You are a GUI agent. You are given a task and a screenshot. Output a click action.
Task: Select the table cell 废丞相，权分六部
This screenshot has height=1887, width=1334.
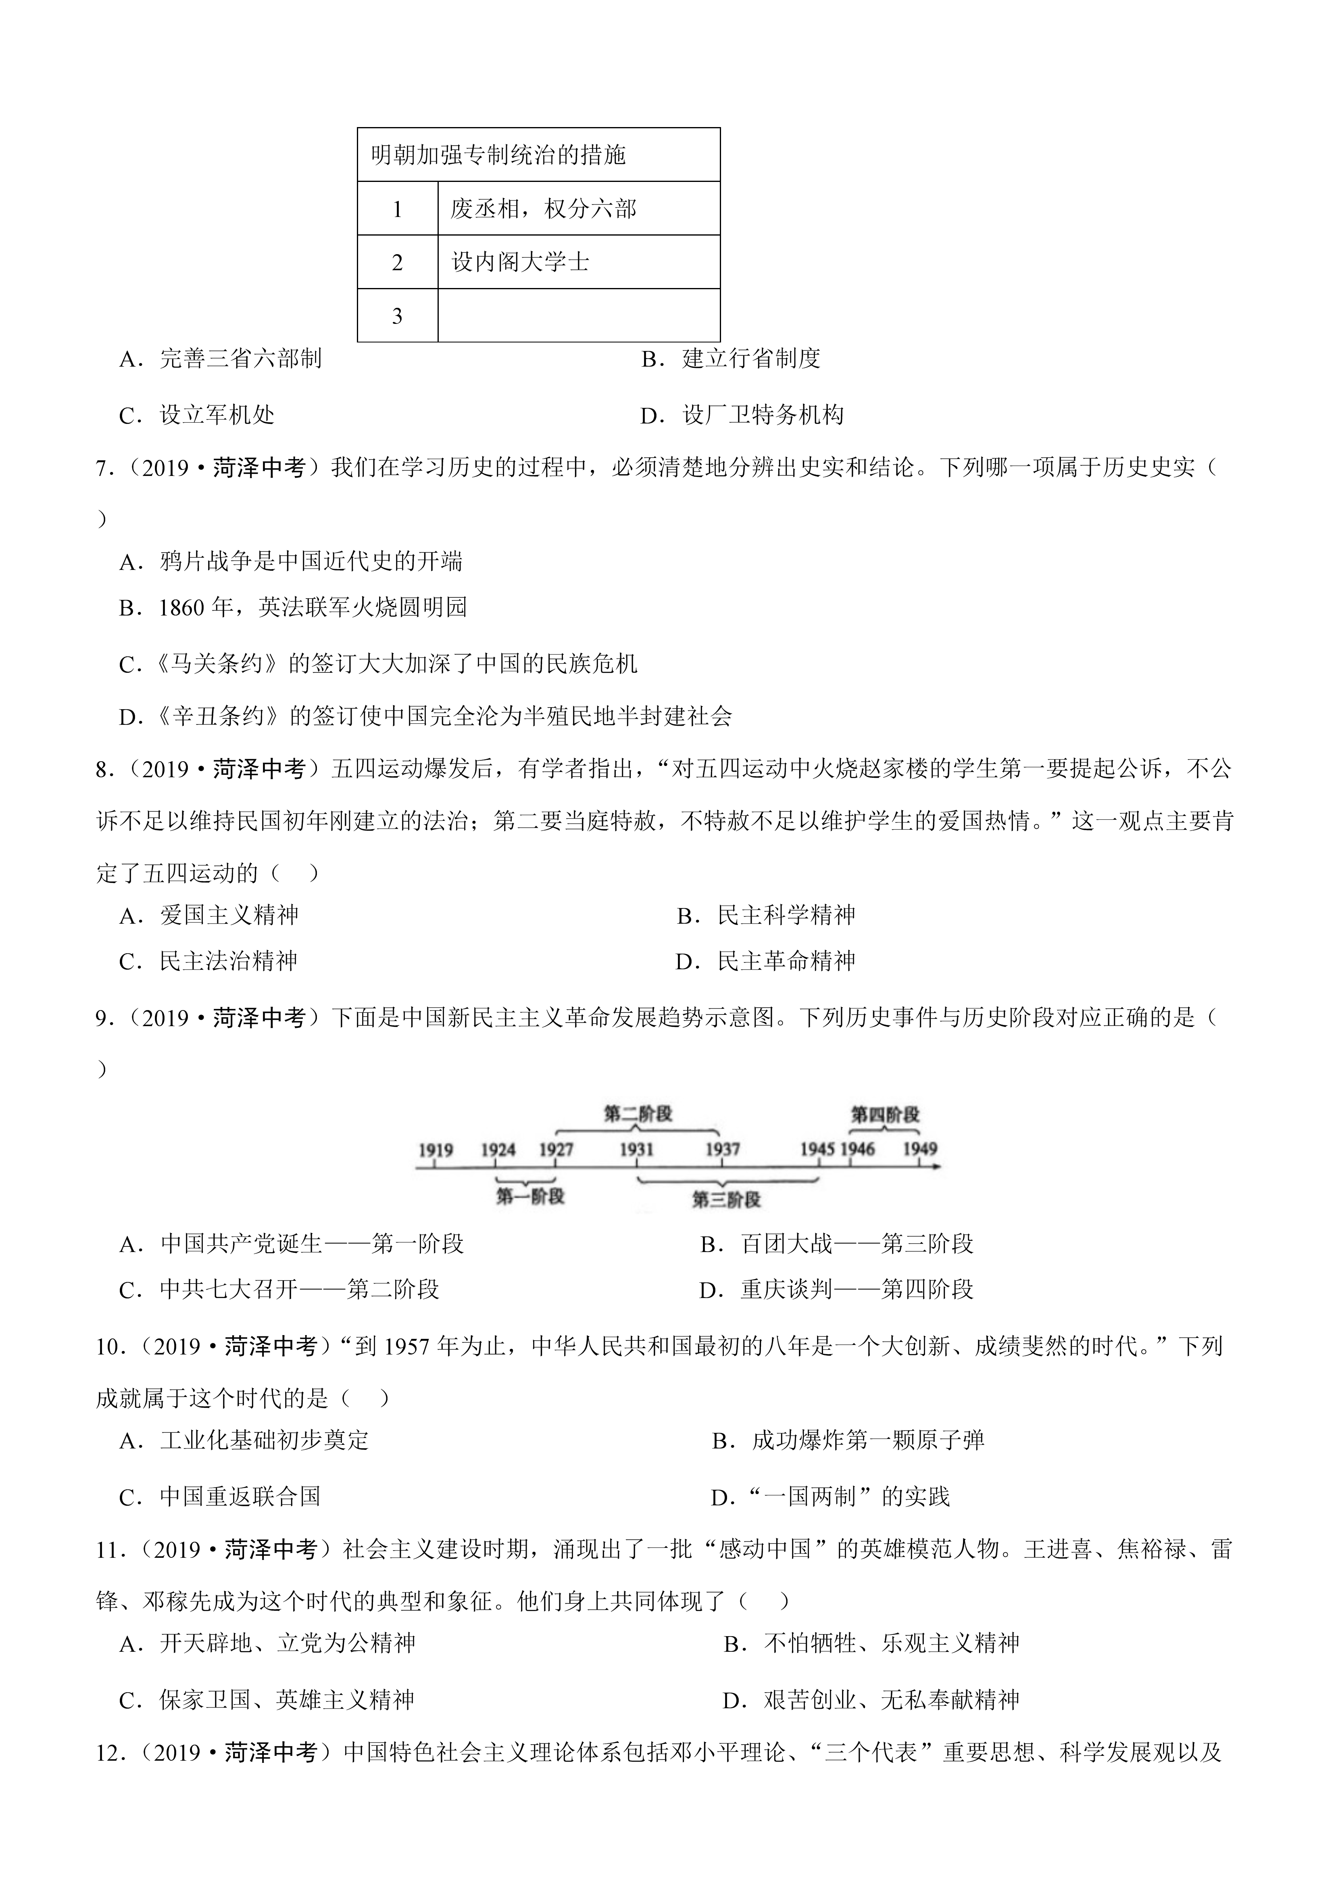click(543, 209)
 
